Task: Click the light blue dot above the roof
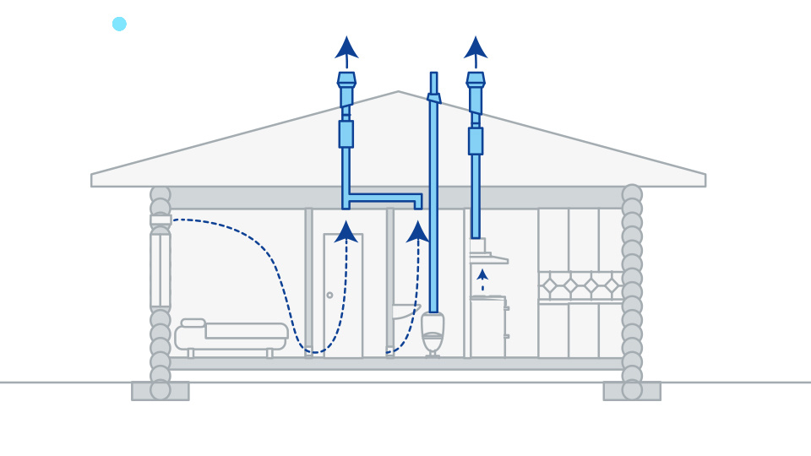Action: (119, 24)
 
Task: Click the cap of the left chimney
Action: (346, 79)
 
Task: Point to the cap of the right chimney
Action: (476, 79)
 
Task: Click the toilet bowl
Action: (433, 333)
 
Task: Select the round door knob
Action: (329, 295)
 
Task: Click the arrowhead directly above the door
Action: (346, 231)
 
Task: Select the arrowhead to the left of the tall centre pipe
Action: (417, 231)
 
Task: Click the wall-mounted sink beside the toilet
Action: (405, 311)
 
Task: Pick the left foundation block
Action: (160, 391)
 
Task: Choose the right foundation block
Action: (632, 391)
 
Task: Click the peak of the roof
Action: (399, 93)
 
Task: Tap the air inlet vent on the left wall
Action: (161, 220)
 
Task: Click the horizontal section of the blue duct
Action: (385, 199)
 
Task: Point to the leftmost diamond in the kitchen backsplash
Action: (550, 285)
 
